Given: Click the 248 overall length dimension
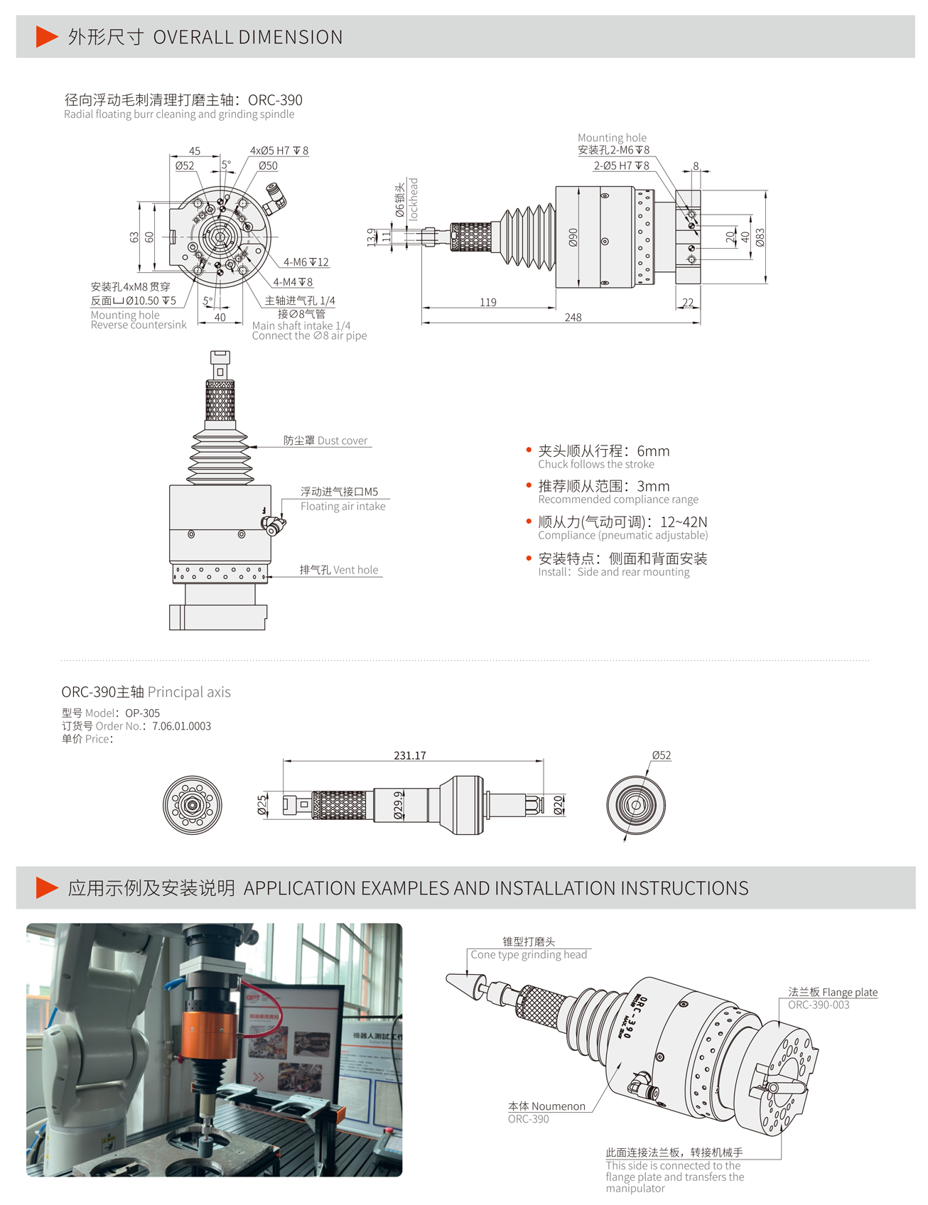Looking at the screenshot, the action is click(x=573, y=317).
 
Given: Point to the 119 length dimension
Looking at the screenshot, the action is click(x=488, y=302).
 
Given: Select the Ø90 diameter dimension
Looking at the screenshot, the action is click(x=573, y=237).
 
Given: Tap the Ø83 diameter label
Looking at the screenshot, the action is click(x=760, y=237).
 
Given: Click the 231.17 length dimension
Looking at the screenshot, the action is click(x=410, y=755).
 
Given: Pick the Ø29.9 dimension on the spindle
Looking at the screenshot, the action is click(x=399, y=805).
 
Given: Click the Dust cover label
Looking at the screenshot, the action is click(x=342, y=441).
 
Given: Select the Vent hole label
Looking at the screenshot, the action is click(x=355, y=570).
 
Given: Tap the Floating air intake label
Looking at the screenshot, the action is click(x=342, y=506).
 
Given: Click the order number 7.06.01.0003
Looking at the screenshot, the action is click(x=181, y=726).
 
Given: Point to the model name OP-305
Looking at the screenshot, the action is click(x=142, y=713).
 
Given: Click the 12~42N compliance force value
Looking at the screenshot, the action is click(x=684, y=522).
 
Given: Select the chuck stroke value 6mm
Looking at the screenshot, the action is click(x=653, y=451).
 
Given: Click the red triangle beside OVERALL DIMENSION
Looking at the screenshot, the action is click(x=46, y=36).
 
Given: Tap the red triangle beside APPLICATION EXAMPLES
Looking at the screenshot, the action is click(x=46, y=887).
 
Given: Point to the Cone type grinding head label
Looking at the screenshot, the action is click(x=529, y=954).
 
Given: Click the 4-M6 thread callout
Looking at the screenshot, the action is click(x=306, y=262).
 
